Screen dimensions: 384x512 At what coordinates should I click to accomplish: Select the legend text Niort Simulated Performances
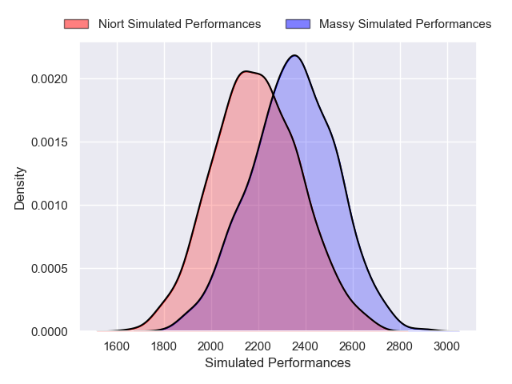click(179, 24)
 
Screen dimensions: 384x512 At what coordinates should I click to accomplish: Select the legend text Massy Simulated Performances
click(405, 24)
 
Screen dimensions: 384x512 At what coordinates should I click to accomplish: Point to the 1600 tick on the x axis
click(117, 346)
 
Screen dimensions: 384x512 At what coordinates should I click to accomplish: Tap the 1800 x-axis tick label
click(164, 346)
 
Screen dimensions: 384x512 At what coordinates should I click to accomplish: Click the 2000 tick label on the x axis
click(211, 346)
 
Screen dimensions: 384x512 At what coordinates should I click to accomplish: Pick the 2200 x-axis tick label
click(258, 346)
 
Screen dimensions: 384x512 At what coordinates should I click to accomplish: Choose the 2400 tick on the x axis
click(306, 346)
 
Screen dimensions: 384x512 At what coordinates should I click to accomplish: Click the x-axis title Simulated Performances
click(278, 363)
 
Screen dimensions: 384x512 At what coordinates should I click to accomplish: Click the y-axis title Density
click(20, 188)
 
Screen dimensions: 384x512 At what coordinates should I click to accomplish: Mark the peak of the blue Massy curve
click(295, 55)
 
